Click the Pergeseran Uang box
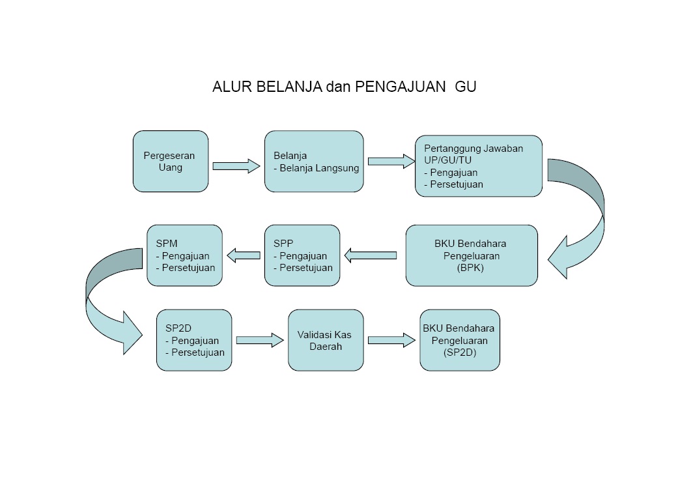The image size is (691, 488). pyautogui.click(x=171, y=162)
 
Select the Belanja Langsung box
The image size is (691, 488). pyautogui.click(x=314, y=162)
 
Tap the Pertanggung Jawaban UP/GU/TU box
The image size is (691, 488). pyautogui.click(x=479, y=166)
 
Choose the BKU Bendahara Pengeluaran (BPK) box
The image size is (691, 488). pyautogui.click(x=472, y=255)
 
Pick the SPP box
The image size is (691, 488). pyautogui.click(x=302, y=255)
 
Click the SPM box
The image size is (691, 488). pyautogui.click(x=185, y=255)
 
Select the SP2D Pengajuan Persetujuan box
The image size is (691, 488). pyautogui.click(x=194, y=340)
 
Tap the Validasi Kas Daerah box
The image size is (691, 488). pyautogui.click(x=326, y=340)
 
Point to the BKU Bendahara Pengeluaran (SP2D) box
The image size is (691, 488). pyautogui.click(x=460, y=340)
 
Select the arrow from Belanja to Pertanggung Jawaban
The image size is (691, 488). pyautogui.click(x=391, y=161)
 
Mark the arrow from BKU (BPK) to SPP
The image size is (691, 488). pyautogui.click(x=371, y=255)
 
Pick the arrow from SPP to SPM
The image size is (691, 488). pyautogui.click(x=243, y=255)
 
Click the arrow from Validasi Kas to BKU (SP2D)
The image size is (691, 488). pyautogui.click(x=391, y=339)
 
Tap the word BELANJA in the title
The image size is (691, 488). pyautogui.click(x=284, y=87)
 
